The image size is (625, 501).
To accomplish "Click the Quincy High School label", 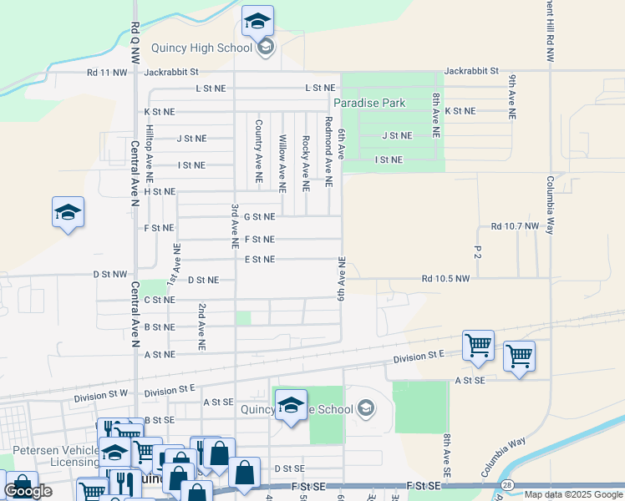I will tap(201, 48).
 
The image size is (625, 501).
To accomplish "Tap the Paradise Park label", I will tap(369, 103).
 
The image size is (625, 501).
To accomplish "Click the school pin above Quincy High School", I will tap(258, 23).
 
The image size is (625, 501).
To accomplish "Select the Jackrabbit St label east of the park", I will tap(470, 72).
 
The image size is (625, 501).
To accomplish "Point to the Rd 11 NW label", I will tap(107, 73).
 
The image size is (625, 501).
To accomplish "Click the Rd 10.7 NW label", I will tap(516, 226).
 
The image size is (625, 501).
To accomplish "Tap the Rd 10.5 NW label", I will tap(446, 278).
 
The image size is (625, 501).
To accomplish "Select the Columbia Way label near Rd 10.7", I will tap(551, 205).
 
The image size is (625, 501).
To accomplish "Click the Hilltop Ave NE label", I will tap(150, 154).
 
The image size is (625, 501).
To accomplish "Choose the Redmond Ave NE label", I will tap(329, 151).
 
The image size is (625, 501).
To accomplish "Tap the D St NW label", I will tap(110, 274).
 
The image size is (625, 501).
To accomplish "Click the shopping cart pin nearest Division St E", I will tap(478, 345).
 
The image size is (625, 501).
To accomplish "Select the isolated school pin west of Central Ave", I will tap(68, 213).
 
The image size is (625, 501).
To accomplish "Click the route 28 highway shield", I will tap(507, 485).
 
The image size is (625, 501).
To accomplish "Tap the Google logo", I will tap(28, 491).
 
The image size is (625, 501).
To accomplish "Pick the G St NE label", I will tap(258, 216).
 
